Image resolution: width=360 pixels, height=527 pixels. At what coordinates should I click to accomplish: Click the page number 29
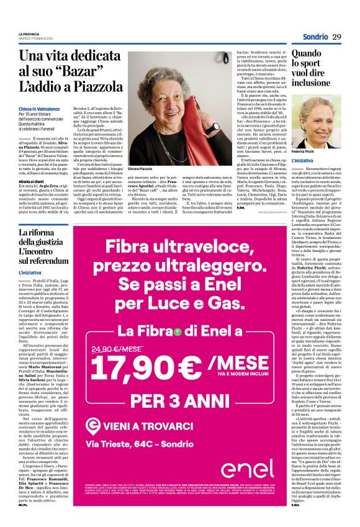click(x=336, y=37)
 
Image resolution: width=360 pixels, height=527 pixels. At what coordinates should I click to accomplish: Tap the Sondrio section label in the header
click(x=315, y=37)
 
